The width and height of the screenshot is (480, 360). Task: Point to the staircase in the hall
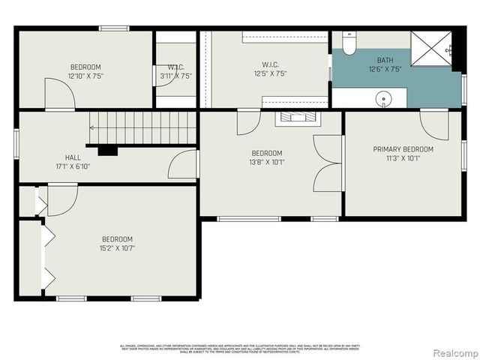pos(142,127)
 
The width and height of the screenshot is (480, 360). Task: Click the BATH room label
pos(385,59)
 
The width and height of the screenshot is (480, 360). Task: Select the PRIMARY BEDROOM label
pos(403,149)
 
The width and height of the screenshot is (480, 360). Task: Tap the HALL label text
pos(73,157)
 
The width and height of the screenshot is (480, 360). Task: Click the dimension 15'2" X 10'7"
pos(117,248)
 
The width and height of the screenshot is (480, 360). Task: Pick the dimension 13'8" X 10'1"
pos(267,162)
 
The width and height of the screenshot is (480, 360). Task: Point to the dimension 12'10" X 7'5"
pos(85,76)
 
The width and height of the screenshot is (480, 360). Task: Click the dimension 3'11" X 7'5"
pos(176,76)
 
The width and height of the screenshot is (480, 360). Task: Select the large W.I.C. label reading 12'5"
pos(271,64)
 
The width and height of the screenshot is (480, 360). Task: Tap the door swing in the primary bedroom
pos(434,123)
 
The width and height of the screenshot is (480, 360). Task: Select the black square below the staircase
pos(107,150)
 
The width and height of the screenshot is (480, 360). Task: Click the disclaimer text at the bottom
pos(239,348)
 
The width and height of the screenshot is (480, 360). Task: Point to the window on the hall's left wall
pos(16,142)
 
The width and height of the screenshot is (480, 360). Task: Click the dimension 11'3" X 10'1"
pos(403,158)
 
